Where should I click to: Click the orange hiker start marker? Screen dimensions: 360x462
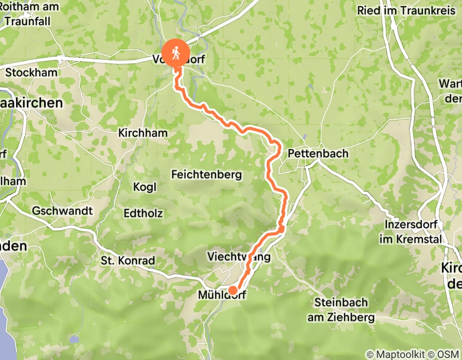point(176,53)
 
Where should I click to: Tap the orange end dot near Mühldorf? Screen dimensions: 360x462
point(233,291)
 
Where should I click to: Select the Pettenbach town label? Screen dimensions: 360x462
point(317,153)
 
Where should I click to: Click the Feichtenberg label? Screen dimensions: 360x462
point(206,175)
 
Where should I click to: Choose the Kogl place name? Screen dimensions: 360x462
point(145,187)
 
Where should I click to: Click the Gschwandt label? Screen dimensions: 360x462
point(62,211)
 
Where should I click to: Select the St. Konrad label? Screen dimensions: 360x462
point(128,261)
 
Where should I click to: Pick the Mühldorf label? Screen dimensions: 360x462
point(222,296)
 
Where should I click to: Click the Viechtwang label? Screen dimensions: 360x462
point(238,256)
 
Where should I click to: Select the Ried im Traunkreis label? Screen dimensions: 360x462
point(406,10)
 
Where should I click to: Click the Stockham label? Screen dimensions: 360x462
point(31,73)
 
